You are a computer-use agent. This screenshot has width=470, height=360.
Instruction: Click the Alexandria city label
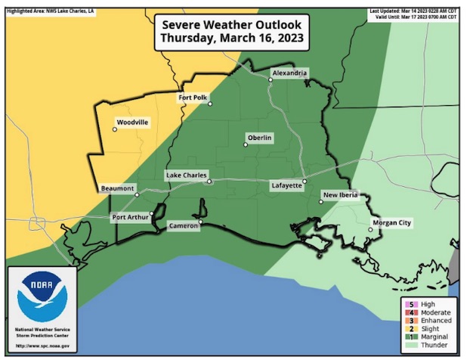(x=290, y=73)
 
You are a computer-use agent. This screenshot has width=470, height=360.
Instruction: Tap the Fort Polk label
(x=193, y=98)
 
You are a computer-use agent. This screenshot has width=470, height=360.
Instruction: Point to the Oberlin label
(x=259, y=138)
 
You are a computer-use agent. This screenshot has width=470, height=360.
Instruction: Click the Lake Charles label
(x=186, y=175)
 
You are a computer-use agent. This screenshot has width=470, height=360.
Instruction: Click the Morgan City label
(x=392, y=223)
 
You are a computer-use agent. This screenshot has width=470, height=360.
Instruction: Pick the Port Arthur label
(x=130, y=218)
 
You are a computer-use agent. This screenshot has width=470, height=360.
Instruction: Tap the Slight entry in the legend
(x=429, y=328)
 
